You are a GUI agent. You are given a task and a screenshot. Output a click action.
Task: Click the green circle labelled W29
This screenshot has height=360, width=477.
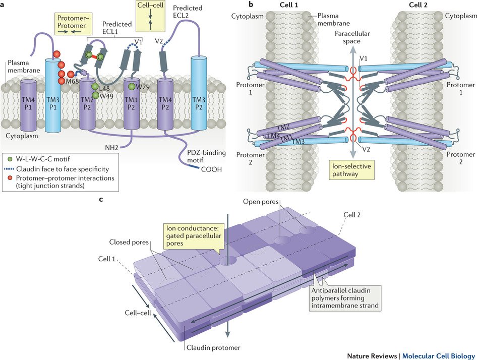tap(132, 87)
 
